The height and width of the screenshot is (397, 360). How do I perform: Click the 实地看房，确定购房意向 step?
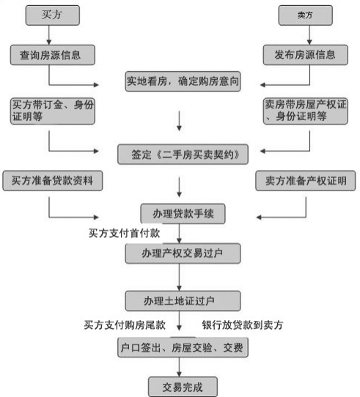tap(180, 81)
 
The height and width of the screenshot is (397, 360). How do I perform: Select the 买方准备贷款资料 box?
tap(51, 180)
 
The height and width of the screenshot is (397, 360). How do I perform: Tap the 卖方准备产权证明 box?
tap(305, 180)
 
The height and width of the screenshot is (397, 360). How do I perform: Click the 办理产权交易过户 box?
tap(180, 253)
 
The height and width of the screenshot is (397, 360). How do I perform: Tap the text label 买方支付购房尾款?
tap(124, 324)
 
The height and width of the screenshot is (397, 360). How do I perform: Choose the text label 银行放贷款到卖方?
tap(243, 324)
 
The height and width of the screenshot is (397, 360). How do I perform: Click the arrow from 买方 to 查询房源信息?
tap(49, 34)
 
